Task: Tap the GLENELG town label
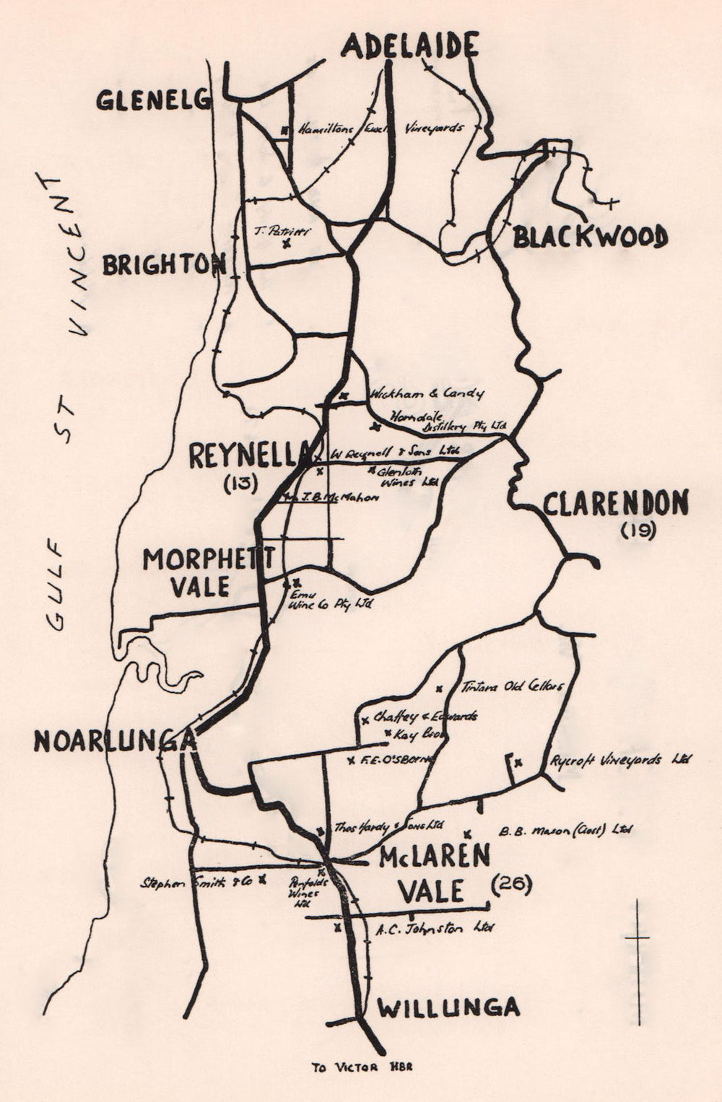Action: click(x=153, y=100)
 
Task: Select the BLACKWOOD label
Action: click(x=590, y=237)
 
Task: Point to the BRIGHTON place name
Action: click(x=163, y=265)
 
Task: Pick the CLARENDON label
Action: click(x=615, y=504)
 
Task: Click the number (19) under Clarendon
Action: click(x=638, y=531)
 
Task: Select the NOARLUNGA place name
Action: click(x=114, y=741)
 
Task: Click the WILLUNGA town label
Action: click(x=448, y=1007)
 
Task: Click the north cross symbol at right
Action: click(x=637, y=938)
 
